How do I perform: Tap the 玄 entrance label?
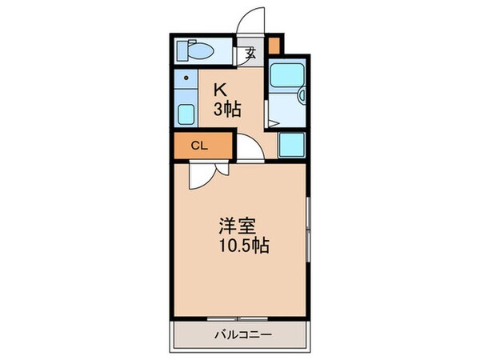tap(250, 54)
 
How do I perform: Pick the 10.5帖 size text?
tap(239, 246)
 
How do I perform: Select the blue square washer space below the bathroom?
tap(291, 144)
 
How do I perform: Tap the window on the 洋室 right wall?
tap(308, 232)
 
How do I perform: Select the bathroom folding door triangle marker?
tap(271, 122)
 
